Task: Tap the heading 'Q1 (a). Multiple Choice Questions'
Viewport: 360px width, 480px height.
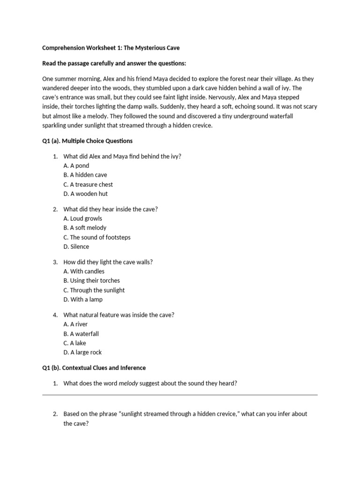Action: tap(87, 141)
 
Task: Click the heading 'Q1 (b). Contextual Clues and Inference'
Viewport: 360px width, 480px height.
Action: tap(94, 367)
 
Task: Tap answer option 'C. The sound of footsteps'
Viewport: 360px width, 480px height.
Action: tap(97, 237)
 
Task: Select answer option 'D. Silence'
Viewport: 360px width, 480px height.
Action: tap(76, 247)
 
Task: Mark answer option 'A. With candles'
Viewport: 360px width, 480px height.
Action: tap(84, 271)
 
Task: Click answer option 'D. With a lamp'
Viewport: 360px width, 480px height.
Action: tap(83, 300)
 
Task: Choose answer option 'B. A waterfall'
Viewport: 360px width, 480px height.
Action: tap(81, 334)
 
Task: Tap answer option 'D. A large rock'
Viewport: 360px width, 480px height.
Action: tap(82, 352)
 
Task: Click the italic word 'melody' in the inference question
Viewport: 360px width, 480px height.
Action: tap(128, 383)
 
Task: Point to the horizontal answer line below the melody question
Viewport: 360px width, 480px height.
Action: tap(180, 395)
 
